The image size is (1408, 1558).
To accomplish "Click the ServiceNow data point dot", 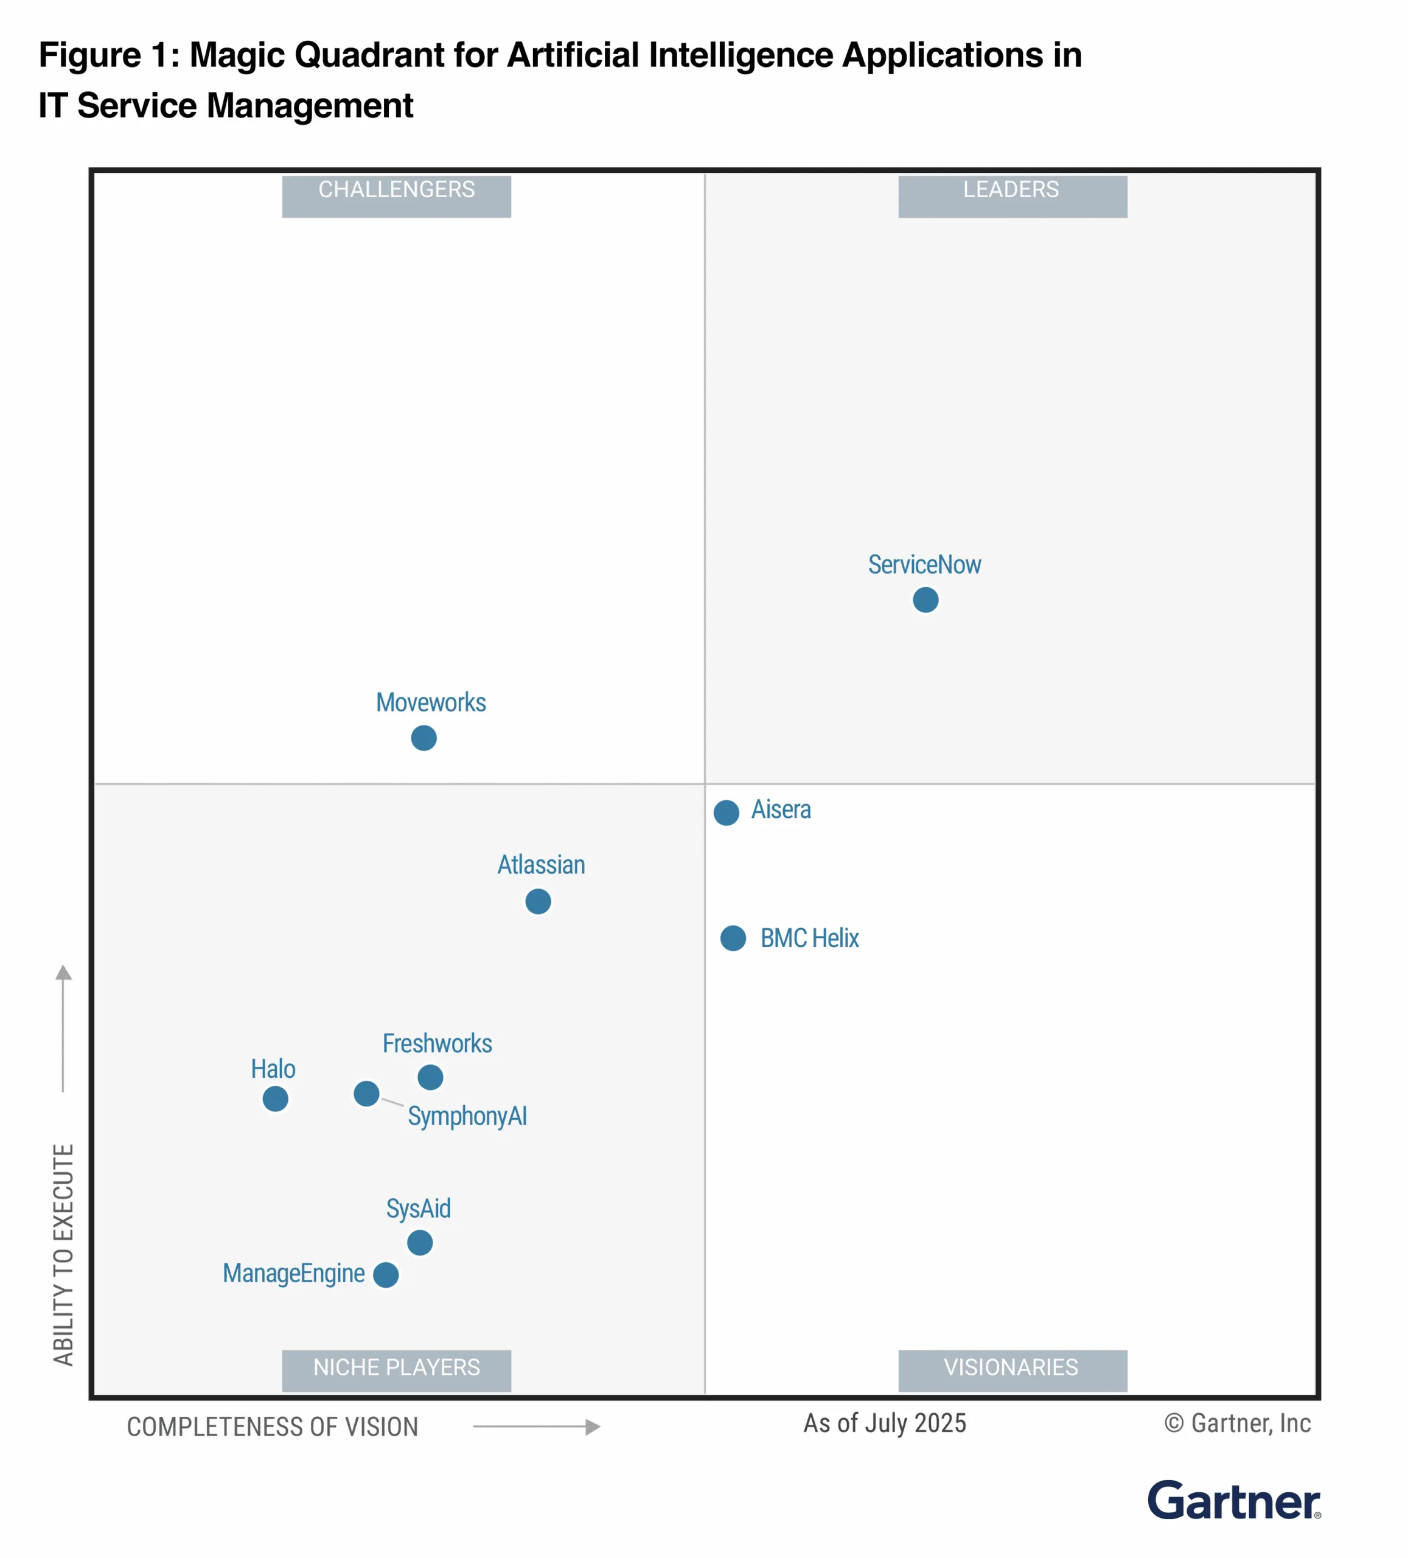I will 925,599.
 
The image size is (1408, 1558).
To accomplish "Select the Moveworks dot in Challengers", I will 423,738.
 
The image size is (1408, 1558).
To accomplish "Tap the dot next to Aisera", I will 727,812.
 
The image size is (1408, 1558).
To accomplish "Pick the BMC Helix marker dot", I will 733,938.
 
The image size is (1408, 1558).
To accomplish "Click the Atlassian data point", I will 538,901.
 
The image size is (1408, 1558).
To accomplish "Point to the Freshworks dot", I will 430,1077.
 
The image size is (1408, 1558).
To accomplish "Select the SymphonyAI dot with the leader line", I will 366,1094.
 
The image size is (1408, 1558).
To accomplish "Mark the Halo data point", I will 275,1098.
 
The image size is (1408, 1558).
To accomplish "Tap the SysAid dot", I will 420,1243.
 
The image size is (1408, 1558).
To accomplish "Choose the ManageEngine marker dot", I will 386,1274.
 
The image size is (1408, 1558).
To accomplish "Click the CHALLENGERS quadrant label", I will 397,190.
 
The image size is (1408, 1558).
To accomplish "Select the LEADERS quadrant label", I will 1011,190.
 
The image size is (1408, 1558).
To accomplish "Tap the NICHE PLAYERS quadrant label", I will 397,1367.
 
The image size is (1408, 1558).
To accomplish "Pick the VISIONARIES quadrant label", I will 1011,1367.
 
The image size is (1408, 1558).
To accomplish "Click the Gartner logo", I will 1233,1501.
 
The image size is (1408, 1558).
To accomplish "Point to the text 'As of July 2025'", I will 885,1423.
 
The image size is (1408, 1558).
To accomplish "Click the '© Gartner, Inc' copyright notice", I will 1237,1423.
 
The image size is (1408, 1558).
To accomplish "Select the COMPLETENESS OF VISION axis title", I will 273,1427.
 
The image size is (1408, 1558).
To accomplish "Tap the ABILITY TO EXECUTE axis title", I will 63,1254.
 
